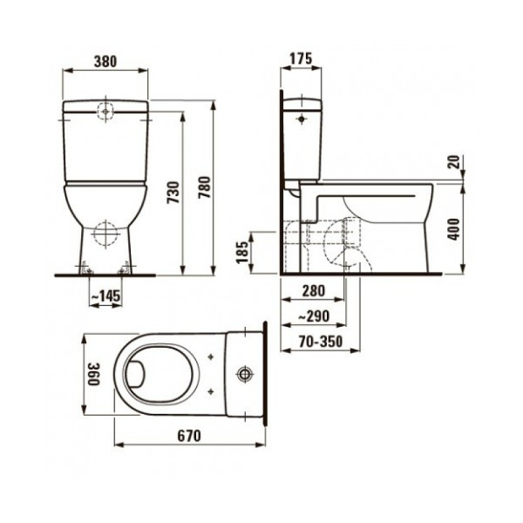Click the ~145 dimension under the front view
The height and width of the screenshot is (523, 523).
105,297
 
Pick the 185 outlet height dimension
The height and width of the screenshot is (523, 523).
242,251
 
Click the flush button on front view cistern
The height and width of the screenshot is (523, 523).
105,111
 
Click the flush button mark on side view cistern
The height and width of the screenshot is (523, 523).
301,120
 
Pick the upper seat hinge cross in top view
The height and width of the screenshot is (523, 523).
211,358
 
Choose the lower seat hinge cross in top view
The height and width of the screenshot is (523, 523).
211,391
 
